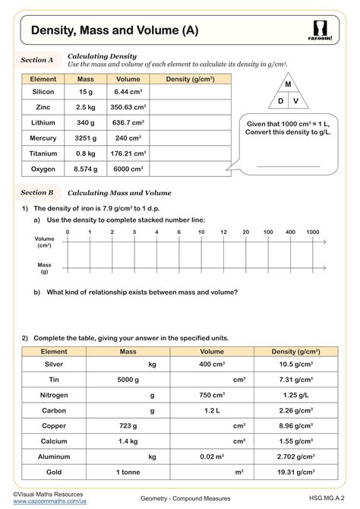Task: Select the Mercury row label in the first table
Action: coord(43,139)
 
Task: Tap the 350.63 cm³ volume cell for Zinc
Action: coord(128,107)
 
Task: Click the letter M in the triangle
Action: coord(288,84)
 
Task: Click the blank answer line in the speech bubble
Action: coord(288,165)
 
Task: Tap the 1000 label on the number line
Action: coord(312,231)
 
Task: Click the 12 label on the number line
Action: coord(223,231)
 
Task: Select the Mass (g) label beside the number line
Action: coord(44,267)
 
